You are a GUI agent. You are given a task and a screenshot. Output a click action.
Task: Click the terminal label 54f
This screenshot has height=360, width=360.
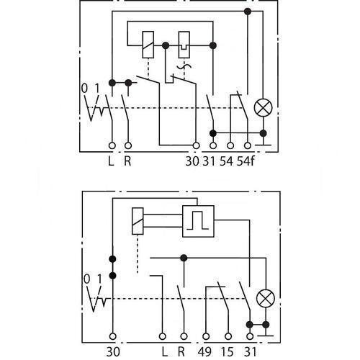[246, 161]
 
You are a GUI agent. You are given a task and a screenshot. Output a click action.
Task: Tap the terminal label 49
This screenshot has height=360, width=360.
[204, 352]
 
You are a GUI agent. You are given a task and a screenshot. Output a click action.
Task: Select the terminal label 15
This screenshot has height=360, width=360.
[227, 352]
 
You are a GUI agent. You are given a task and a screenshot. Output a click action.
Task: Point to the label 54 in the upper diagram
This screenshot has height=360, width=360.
[226, 161]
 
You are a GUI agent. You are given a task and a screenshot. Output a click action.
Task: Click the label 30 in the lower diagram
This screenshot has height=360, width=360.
[113, 352]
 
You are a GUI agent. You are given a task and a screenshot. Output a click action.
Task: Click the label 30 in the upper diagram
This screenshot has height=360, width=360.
[192, 161]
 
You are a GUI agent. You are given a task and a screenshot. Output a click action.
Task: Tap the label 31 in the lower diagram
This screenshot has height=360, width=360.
[251, 352]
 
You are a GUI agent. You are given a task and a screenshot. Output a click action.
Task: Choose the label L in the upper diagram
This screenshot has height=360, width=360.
[111, 161]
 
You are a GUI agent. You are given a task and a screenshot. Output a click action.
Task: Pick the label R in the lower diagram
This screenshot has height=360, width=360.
[181, 352]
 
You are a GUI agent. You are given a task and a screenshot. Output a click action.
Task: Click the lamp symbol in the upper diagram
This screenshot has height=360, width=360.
[263, 107]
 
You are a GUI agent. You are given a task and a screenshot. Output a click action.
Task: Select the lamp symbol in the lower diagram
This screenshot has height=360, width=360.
[266, 299]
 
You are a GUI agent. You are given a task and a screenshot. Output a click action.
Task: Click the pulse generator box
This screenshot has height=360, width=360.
[198, 221]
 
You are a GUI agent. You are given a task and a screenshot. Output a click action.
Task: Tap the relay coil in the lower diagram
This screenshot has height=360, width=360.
[138, 221]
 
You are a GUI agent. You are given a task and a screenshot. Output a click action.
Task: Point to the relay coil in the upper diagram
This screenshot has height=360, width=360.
[148, 45]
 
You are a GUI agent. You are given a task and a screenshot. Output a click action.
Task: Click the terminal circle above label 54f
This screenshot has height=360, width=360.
[248, 145]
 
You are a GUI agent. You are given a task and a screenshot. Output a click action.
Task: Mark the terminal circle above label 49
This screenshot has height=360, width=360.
[206, 336]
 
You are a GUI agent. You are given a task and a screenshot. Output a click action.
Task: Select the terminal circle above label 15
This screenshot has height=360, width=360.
[228, 336]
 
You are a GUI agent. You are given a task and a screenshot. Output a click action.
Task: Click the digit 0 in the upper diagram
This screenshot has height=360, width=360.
[84, 89]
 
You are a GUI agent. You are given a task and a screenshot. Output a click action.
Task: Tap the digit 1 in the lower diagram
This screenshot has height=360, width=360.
[99, 279]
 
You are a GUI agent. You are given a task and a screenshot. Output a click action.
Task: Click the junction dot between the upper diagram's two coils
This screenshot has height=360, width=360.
[166, 45]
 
